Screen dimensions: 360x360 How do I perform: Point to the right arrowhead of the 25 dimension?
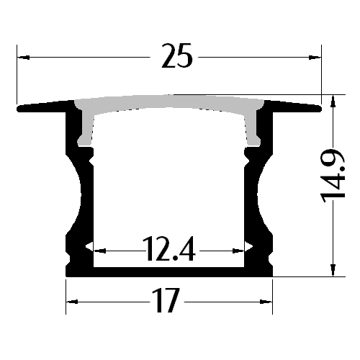point(315,55)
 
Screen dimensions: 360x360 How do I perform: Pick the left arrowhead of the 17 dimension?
point(72,302)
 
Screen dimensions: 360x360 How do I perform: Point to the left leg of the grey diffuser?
point(85,130)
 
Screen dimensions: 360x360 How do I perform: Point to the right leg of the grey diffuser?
point(253,130)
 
